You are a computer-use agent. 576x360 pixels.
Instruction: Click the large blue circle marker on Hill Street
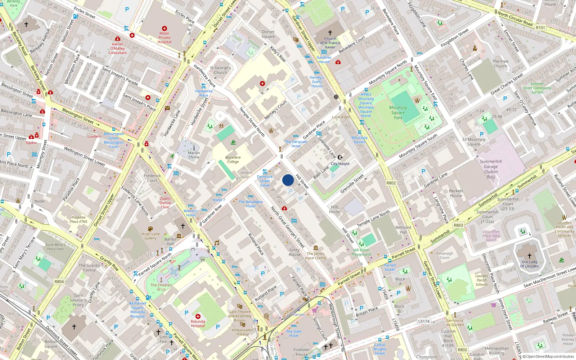(288, 180)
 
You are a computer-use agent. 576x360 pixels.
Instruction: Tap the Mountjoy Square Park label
(398, 112)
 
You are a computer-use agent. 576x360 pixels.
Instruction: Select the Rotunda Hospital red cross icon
(198, 316)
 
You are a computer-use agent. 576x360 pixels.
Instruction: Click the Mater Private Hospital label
(165, 37)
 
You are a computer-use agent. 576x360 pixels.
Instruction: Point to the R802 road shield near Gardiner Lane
(391, 183)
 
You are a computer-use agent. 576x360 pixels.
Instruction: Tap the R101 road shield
(540, 28)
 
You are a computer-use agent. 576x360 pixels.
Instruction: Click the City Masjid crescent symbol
(340, 157)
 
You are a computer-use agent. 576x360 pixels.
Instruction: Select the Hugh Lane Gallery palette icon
(150, 229)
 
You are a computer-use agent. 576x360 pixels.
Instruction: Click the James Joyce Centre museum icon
(316, 248)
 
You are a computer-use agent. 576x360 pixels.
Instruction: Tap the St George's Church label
(220, 70)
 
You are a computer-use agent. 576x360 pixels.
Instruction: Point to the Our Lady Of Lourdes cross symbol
(529, 256)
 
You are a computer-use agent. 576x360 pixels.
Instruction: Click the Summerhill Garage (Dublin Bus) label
(491, 169)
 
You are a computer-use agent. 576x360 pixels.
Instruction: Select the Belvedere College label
(233, 159)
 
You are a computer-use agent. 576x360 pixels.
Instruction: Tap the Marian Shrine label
(194, 155)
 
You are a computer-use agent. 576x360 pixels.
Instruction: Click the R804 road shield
(59, 282)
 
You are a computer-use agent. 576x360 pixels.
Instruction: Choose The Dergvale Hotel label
(296, 144)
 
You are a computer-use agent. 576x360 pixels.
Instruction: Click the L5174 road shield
(424, 321)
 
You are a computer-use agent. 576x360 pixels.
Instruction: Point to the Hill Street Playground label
(361, 252)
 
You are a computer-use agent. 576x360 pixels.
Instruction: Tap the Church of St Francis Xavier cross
(330, 32)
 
